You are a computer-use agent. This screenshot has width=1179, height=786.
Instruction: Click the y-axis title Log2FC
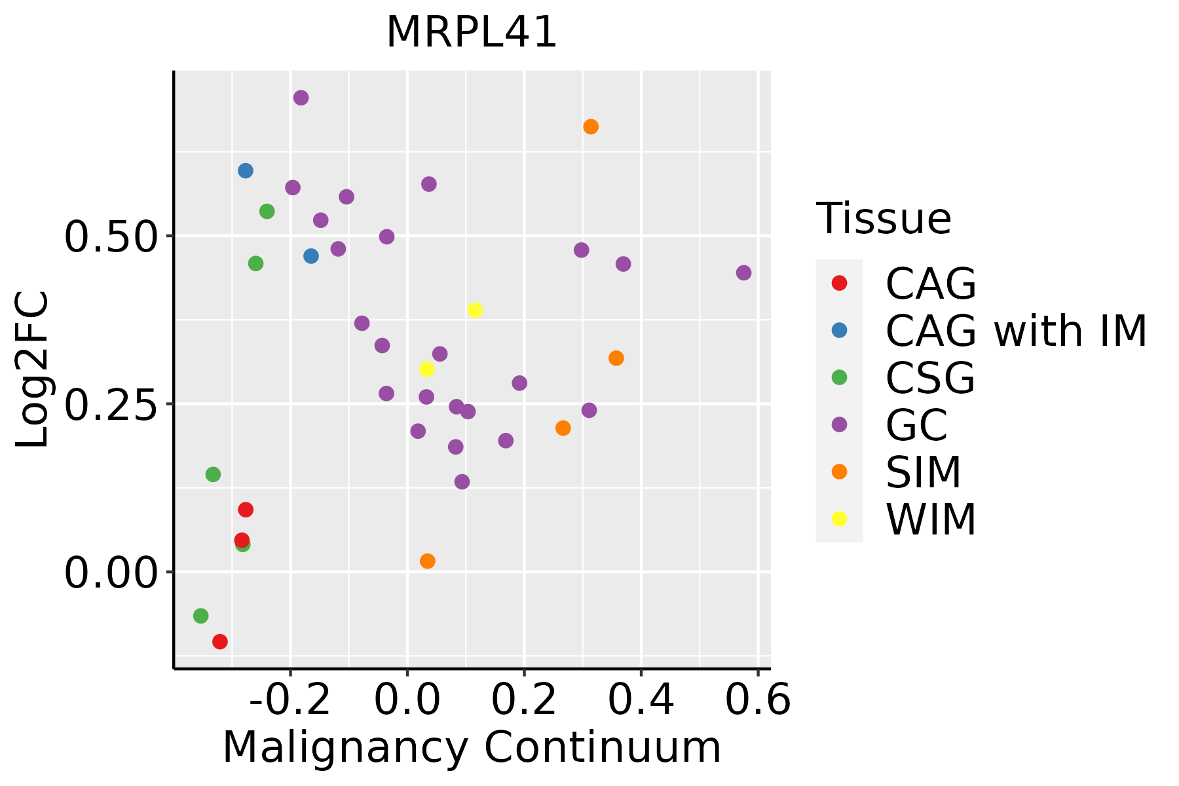click(x=33, y=369)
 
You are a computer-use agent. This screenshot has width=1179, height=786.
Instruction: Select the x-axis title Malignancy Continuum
click(x=472, y=747)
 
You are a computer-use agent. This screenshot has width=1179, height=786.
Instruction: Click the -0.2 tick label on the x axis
click(x=290, y=700)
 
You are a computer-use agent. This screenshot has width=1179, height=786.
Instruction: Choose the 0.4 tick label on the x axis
click(x=641, y=700)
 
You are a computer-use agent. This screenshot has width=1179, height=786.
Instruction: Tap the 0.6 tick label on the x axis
click(x=758, y=700)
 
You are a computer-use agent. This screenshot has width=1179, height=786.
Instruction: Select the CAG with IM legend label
click(x=1016, y=331)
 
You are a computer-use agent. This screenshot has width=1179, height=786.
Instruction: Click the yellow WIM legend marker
click(x=839, y=519)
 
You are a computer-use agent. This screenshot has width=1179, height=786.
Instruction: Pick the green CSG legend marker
click(x=839, y=377)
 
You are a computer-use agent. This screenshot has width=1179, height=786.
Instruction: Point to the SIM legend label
click(x=923, y=472)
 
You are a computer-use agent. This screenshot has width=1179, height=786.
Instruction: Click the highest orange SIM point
click(x=591, y=126)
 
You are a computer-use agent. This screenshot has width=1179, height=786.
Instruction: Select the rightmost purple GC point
click(x=743, y=272)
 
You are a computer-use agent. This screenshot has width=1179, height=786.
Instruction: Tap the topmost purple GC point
click(x=301, y=98)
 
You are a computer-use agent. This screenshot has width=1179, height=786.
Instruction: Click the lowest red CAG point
click(x=220, y=641)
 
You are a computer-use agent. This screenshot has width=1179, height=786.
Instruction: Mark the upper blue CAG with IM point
click(x=246, y=170)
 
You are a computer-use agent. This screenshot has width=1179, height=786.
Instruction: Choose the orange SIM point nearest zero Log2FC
click(x=428, y=561)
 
